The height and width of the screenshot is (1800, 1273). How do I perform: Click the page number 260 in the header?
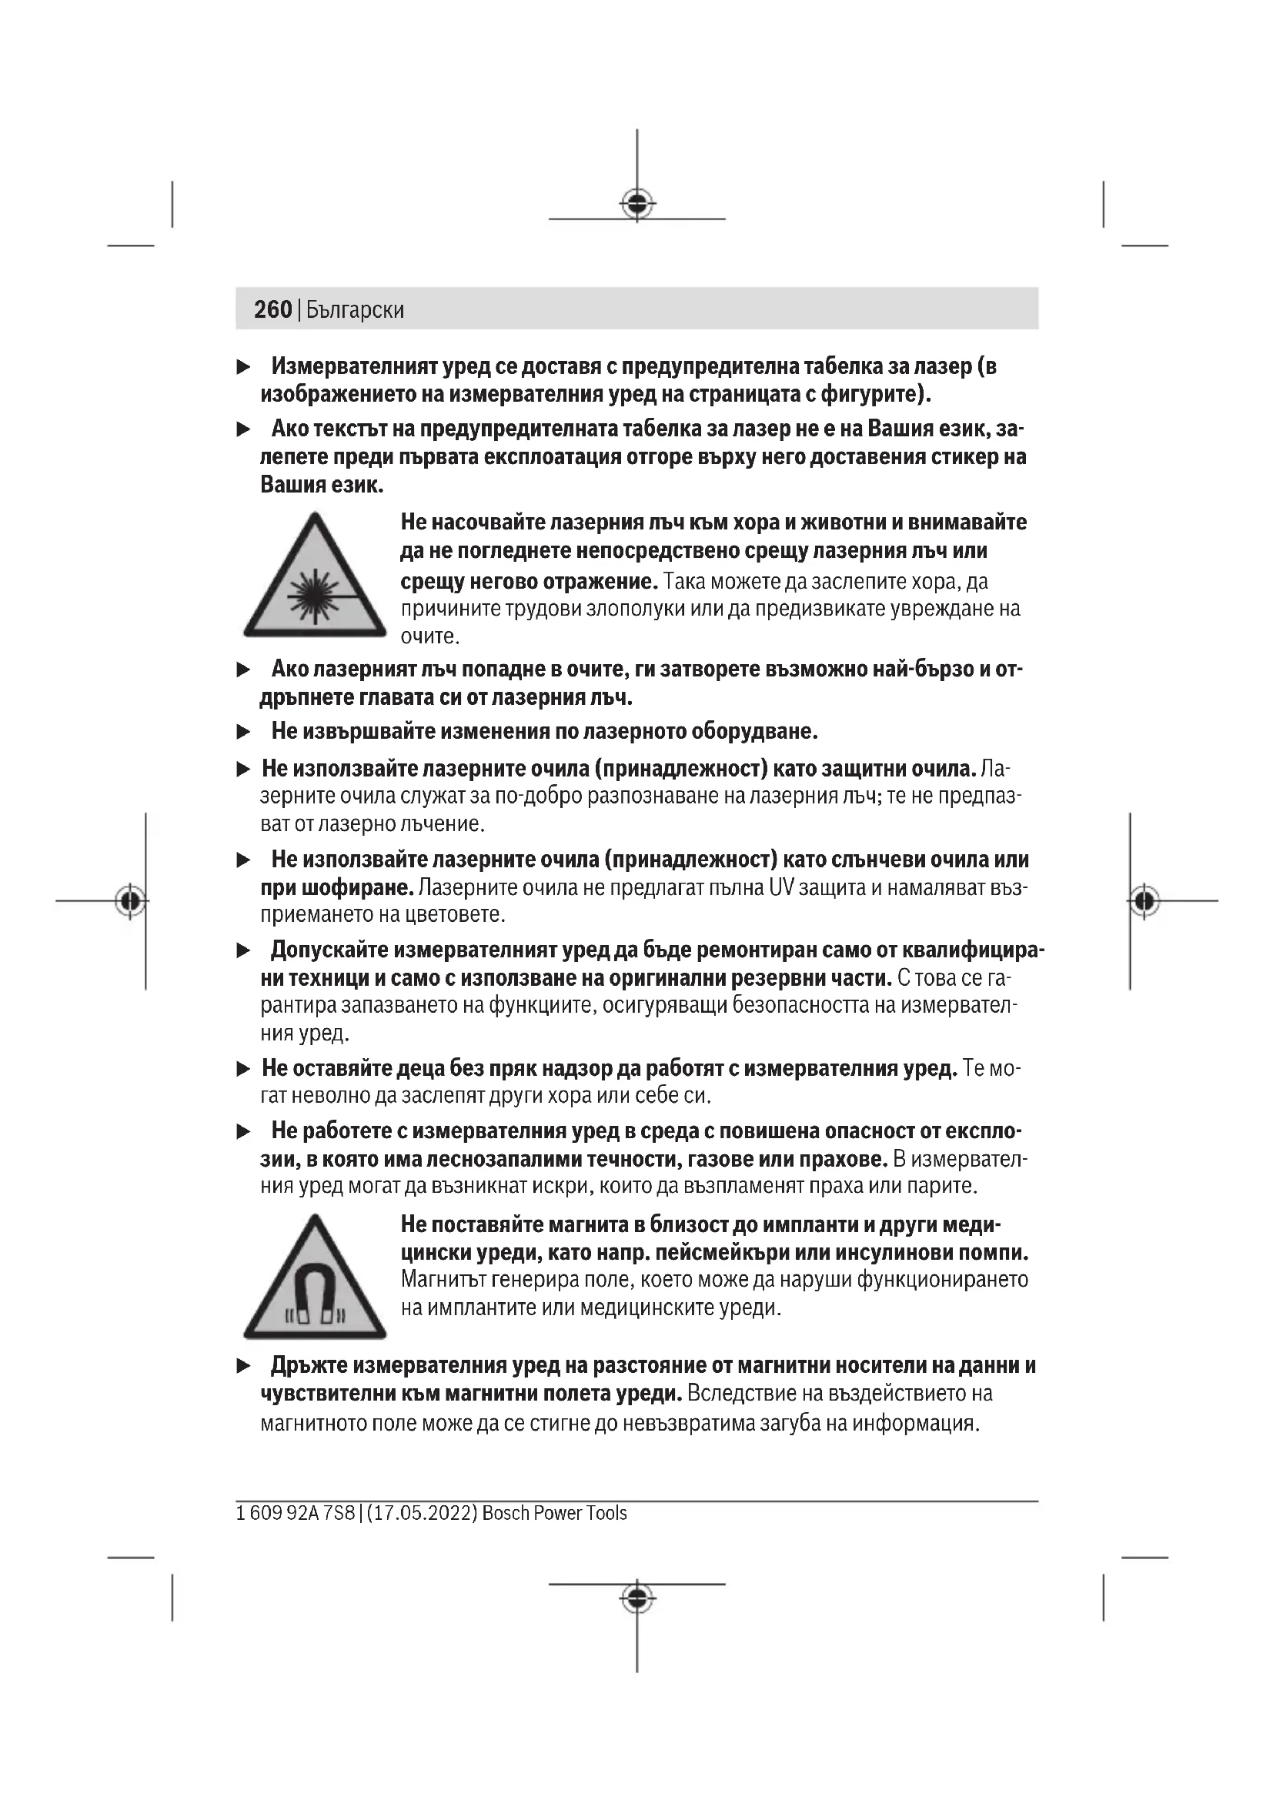click(272, 309)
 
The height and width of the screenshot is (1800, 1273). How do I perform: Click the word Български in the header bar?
click(355, 310)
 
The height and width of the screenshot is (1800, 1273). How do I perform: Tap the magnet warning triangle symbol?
click(315, 1277)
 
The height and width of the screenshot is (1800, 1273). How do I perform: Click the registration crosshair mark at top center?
click(637, 204)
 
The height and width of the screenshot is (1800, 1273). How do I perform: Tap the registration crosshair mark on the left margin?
click(130, 901)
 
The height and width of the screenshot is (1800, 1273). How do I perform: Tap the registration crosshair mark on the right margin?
click(1144, 901)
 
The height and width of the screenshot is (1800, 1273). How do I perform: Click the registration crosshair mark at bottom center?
click(637, 1598)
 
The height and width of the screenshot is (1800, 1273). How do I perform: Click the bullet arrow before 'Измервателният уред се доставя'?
click(244, 367)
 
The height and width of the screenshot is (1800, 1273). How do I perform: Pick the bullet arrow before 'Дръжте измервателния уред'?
click(244, 1366)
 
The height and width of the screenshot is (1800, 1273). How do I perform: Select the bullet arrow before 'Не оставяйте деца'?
click(244, 1069)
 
